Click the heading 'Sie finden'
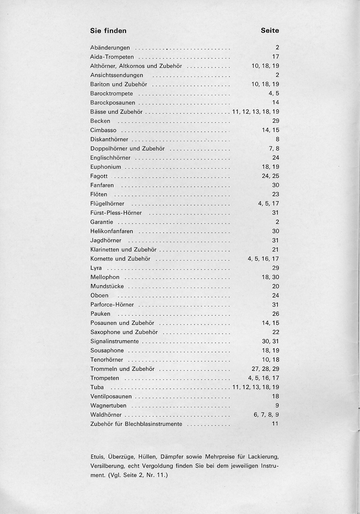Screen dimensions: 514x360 108,31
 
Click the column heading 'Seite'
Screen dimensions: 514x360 270,31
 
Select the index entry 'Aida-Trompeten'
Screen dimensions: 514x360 112,57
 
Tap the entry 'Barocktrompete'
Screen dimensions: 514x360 112,94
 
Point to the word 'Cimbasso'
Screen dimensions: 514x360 103,130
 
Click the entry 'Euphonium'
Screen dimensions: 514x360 106,167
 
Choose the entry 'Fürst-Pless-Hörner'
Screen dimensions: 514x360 116,213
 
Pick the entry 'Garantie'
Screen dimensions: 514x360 102,222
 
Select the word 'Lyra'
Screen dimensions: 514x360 96,268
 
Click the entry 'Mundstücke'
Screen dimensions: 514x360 107,287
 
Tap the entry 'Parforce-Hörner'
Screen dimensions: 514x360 112,305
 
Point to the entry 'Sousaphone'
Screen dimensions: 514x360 107,351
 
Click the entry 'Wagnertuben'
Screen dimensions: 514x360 108,406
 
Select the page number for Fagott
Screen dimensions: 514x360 271,176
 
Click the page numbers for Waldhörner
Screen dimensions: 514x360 266,415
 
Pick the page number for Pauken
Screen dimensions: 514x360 275,314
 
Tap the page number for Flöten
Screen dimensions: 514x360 275,194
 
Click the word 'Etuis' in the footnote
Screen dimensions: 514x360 97,457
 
